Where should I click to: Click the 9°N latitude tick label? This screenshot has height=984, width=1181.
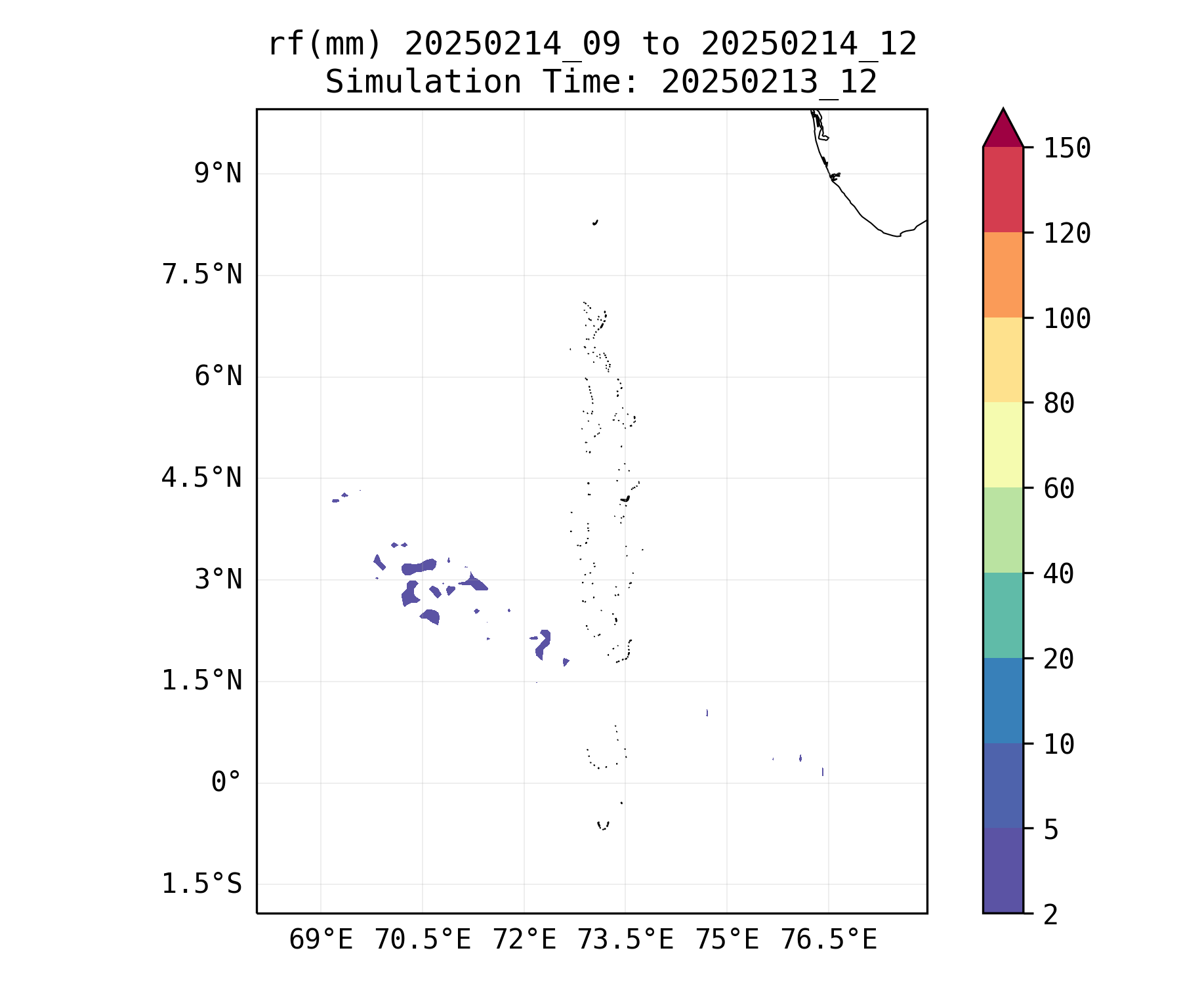(218, 174)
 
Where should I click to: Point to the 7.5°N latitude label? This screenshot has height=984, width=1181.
(201, 275)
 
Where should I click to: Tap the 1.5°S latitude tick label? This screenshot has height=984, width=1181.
(201, 884)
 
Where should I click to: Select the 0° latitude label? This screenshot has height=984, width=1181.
(226, 783)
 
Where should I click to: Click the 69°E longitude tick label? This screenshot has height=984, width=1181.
(321, 940)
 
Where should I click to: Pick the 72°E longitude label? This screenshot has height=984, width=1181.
(524, 940)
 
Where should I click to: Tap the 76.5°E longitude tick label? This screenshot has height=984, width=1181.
(828, 940)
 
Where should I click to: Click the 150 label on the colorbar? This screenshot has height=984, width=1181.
(1067, 148)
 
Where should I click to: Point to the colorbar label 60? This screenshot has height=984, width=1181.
(1059, 489)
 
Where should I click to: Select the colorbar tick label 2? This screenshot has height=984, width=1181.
(1051, 914)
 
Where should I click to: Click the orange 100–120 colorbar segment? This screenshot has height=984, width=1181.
(1003, 275)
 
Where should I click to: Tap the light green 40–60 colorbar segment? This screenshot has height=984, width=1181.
(1003, 530)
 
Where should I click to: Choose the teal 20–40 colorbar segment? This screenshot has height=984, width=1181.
(1003, 615)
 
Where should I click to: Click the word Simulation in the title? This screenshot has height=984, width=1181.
(423, 83)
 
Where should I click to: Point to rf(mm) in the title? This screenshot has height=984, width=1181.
(325, 45)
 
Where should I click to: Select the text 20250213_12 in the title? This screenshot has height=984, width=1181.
(769, 83)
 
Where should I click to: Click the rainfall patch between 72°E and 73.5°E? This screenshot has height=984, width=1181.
(543, 644)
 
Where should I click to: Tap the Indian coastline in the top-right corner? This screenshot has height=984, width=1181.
(853, 203)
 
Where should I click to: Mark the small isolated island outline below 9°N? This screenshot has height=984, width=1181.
(595, 222)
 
